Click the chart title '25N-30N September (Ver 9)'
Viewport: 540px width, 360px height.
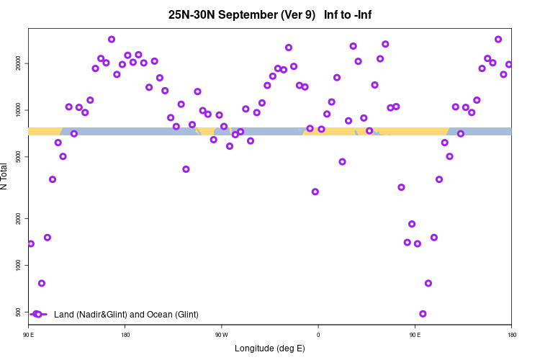[242, 14]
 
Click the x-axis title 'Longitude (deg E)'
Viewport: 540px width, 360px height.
[270, 348]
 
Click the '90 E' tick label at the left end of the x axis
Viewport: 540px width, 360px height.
[28, 335]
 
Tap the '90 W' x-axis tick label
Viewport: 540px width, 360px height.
[221, 335]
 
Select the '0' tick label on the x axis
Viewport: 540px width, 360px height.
[318, 335]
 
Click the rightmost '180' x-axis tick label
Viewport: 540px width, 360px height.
[511, 335]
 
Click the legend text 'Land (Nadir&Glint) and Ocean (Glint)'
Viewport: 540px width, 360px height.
[126, 315]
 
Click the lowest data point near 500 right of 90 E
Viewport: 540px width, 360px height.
[423, 314]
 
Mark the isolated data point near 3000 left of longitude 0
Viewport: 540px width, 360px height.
[315, 192]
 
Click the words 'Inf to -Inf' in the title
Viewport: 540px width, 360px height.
[348, 14]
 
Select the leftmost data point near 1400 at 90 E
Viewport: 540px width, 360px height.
[31, 243]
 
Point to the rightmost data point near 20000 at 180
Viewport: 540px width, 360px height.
[509, 64]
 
